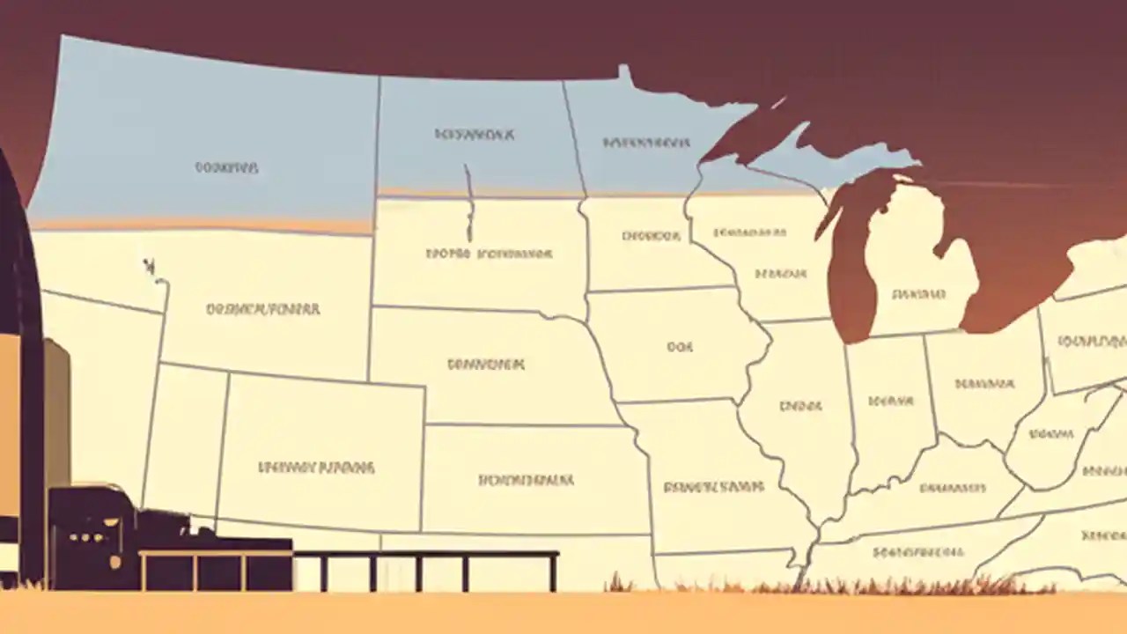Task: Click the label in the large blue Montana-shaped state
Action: tap(226, 167)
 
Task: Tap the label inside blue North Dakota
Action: tap(475, 135)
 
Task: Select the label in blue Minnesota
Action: tap(645, 142)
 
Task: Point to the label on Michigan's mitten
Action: tap(918, 294)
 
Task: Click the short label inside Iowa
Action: tap(679, 347)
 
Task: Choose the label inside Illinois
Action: tap(800, 406)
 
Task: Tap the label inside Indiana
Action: tap(890, 402)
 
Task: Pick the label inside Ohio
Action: tap(984, 384)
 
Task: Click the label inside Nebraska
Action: tap(486, 364)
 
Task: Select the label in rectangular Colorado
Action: tap(316, 467)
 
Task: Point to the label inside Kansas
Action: tap(526, 480)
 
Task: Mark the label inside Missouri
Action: tap(713, 486)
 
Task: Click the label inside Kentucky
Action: tap(952, 487)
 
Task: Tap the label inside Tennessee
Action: tap(918, 552)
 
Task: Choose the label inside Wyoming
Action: tap(262, 309)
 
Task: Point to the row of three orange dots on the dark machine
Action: tap(85, 538)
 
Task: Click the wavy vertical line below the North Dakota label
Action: tap(469, 204)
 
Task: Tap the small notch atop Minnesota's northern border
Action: tap(624, 73)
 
